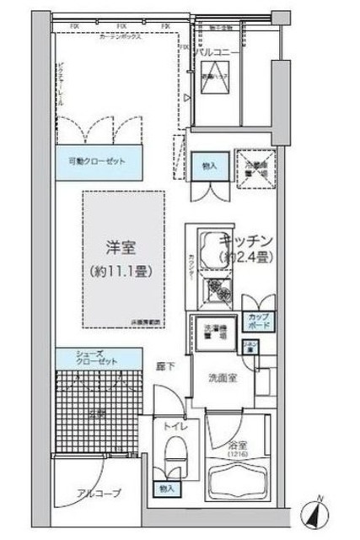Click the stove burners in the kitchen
[221, 289]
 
